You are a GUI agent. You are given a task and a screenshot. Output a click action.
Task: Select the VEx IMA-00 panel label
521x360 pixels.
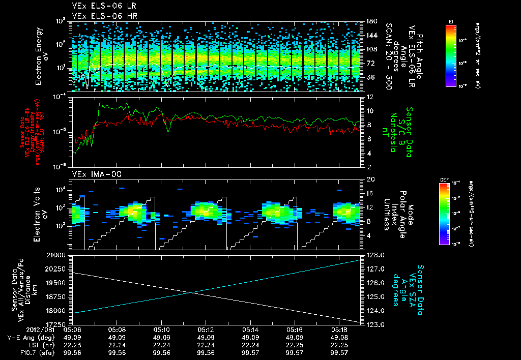(93, 174)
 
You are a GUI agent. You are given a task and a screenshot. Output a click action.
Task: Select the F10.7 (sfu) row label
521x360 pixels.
(35, 352)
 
